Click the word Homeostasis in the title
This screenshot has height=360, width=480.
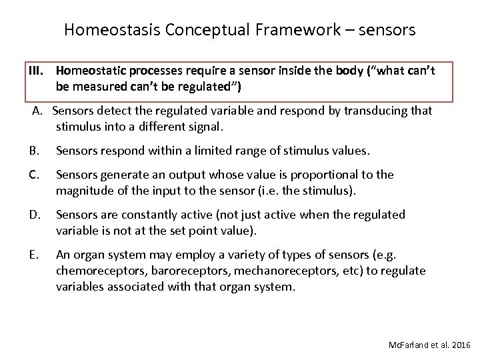113,30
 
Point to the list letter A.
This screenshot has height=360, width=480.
37,110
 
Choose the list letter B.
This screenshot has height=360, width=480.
34,151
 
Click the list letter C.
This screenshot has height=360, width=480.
34,175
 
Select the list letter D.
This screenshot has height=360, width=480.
35,215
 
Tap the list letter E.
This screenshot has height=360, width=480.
34,255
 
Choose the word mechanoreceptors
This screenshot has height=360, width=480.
283,271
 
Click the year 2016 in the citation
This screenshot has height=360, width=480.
460,345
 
